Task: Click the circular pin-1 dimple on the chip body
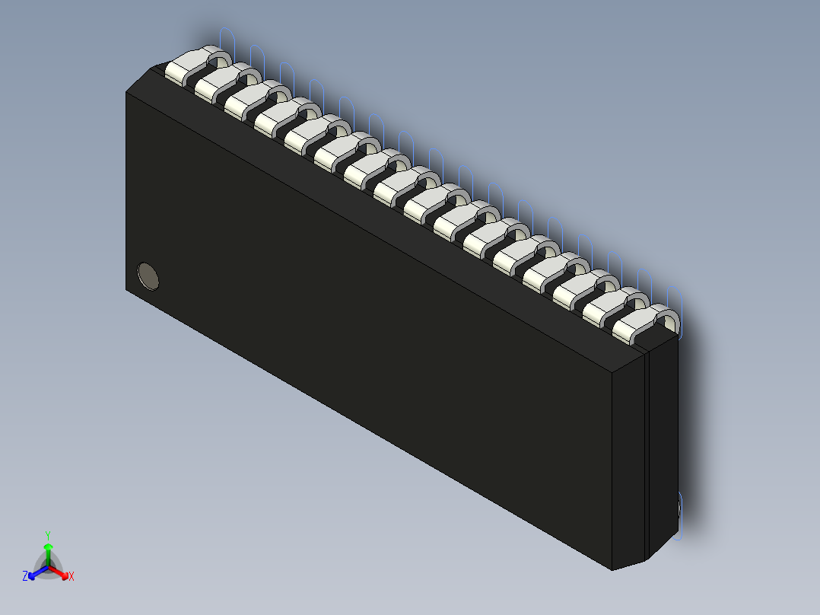148,276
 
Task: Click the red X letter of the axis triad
72,577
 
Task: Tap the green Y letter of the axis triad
48,535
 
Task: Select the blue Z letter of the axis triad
25,577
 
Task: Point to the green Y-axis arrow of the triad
48,553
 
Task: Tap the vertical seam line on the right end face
646,457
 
